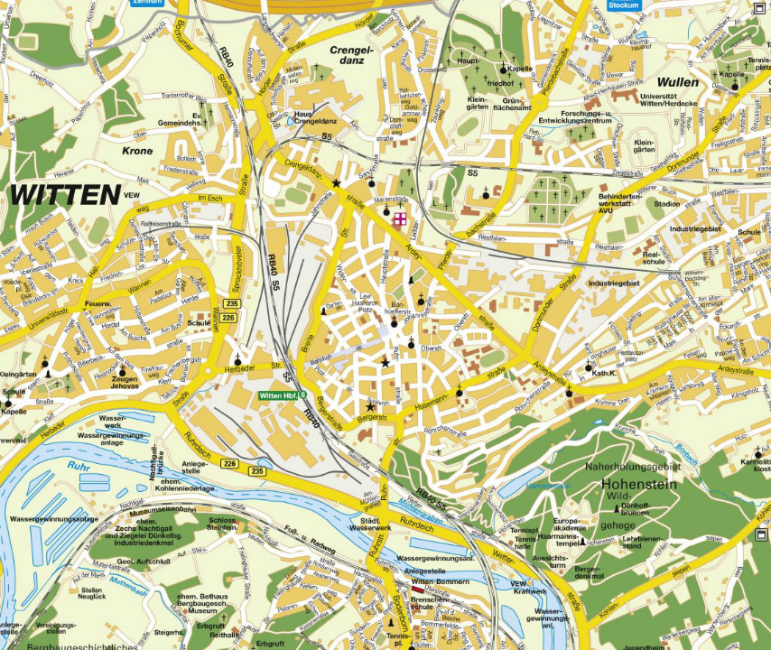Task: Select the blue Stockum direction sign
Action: tap(623, 5)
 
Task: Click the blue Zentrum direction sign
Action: tap(148, 3)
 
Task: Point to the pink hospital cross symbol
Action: tap(398, 218)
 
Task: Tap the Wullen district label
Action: tap(678, 81)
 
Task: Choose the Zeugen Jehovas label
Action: tap(125, 385)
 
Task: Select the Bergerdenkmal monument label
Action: tap(588, 574)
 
